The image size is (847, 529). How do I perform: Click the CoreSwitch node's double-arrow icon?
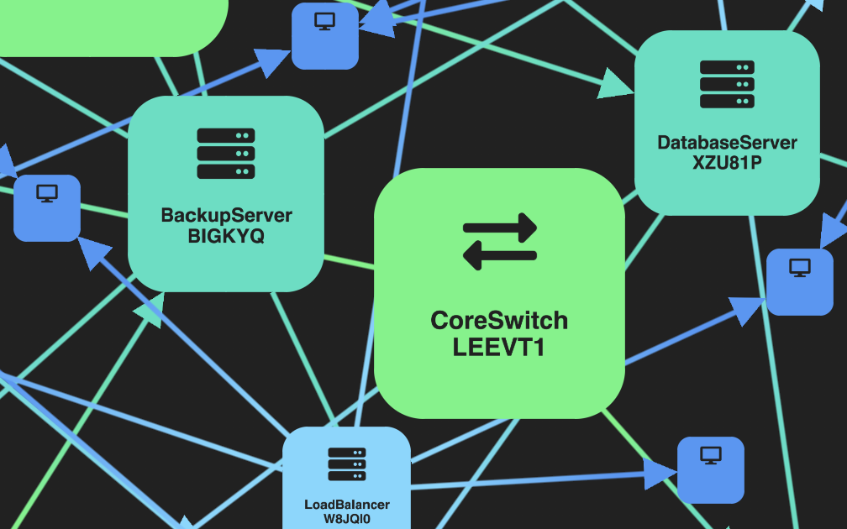(x=499, y=242)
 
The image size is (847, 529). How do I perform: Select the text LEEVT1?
(x=499, y=347)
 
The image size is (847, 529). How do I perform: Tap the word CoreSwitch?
(x=499, y=321)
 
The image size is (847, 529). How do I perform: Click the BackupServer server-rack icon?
(x=226, y=154)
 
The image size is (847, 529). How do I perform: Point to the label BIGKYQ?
(x=226, y=236)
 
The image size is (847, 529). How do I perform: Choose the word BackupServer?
(x=226, y=215)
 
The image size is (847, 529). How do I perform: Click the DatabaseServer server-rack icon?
(x=727, y=84)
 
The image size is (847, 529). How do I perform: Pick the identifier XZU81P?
(x=727, y=163)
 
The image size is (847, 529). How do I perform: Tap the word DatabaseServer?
(x=727, y=143)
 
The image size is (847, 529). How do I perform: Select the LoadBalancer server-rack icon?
(x=347, y=464)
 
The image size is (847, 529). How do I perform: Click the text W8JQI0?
(x=347, y=519)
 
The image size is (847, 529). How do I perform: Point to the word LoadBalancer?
(x=347, y=505)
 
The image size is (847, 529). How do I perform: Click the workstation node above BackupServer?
(x=325, y=35)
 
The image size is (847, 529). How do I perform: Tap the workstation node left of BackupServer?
(x=47, y=207)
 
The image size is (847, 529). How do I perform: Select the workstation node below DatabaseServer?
(x=799, y=281)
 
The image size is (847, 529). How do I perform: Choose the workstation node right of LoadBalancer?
(x=711, y=469)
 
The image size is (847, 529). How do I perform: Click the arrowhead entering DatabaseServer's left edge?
(x=616, y=85)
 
